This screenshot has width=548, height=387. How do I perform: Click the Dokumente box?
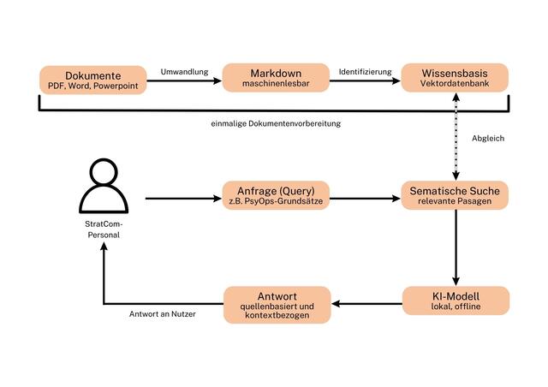pos(92,78)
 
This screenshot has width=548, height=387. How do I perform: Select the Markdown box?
pos(276,78)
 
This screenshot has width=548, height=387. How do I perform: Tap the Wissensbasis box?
pos(456,78)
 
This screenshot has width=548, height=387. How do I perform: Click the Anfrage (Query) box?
pos(276,194)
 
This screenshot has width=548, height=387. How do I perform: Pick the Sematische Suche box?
pos(456,194)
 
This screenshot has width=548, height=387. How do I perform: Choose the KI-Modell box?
pos(456,301)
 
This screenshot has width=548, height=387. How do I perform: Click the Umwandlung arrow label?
pos(184,71)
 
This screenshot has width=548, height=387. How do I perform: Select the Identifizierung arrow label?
pos(365,71)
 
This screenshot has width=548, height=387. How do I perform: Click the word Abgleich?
pos(488,138)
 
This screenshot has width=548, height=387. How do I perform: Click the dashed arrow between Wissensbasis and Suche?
pos(456,137)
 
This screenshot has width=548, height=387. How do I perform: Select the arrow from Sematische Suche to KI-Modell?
pos(456,248)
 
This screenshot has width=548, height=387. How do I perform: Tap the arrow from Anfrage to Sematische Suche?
pos(365,199)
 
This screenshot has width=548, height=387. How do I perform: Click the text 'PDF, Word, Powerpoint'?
pos(92,85)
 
